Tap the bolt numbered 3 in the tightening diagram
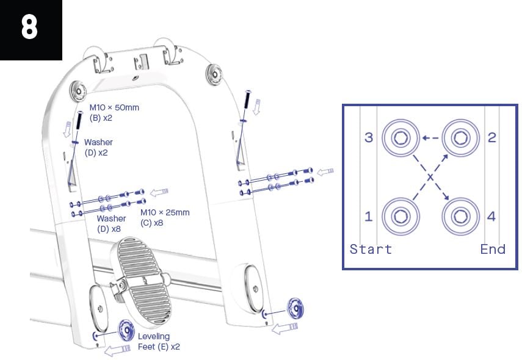click(x=399, y=138)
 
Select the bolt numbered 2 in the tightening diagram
click(x=459, y=138)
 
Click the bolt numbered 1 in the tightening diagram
click(x=399, y=215)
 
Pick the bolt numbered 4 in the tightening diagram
click(x=459, y=215)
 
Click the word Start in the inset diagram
click(x=371, y=249)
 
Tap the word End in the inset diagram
click(x=492, y=249)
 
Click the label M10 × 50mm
click(x=114, y=108)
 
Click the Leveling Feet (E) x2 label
click(x=158, y=341)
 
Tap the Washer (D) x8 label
click(x=111, y=223)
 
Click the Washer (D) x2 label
click(x=98, y=147)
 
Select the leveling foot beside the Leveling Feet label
click(x=127, y=331)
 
